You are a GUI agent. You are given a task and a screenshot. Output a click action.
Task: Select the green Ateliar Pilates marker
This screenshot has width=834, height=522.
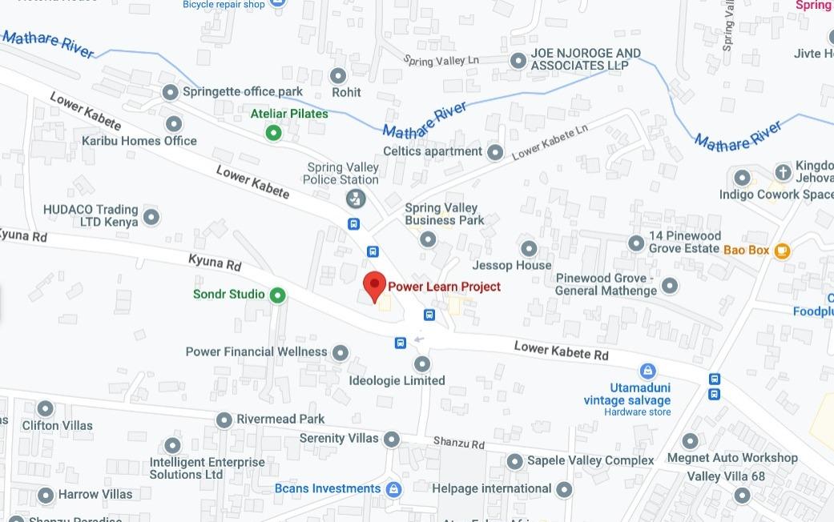[274, 132]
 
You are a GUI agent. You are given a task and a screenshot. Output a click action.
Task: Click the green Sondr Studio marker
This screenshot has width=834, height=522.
[277, 295]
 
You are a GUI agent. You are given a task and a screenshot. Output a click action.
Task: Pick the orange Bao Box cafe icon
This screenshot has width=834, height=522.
[782, 251]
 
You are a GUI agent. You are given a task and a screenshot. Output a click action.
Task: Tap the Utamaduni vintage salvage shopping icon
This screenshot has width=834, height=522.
[647, 371]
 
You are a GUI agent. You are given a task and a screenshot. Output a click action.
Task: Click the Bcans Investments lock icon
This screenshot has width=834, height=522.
[393, 488]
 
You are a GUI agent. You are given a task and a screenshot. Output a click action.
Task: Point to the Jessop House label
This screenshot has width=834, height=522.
[512, 265]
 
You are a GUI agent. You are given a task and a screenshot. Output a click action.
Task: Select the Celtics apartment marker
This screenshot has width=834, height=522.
[495, 152]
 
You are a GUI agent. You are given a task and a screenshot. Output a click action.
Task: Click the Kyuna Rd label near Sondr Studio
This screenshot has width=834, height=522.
[215, 263]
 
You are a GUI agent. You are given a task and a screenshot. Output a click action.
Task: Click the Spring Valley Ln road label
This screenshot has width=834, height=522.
[441, 61]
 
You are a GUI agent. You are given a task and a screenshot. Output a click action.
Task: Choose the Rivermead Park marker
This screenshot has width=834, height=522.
[225, 420]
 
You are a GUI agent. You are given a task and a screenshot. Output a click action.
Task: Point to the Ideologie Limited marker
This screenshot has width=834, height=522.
[422, 363]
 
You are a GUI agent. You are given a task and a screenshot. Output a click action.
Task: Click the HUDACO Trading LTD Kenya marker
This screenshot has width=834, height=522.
[151, 216]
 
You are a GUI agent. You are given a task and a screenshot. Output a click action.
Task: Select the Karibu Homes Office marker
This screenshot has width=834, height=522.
[173, 124]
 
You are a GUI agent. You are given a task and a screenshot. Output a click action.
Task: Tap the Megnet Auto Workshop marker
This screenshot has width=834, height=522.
[690, 441]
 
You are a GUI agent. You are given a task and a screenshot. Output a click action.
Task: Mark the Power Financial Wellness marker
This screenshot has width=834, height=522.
[340, 352]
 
